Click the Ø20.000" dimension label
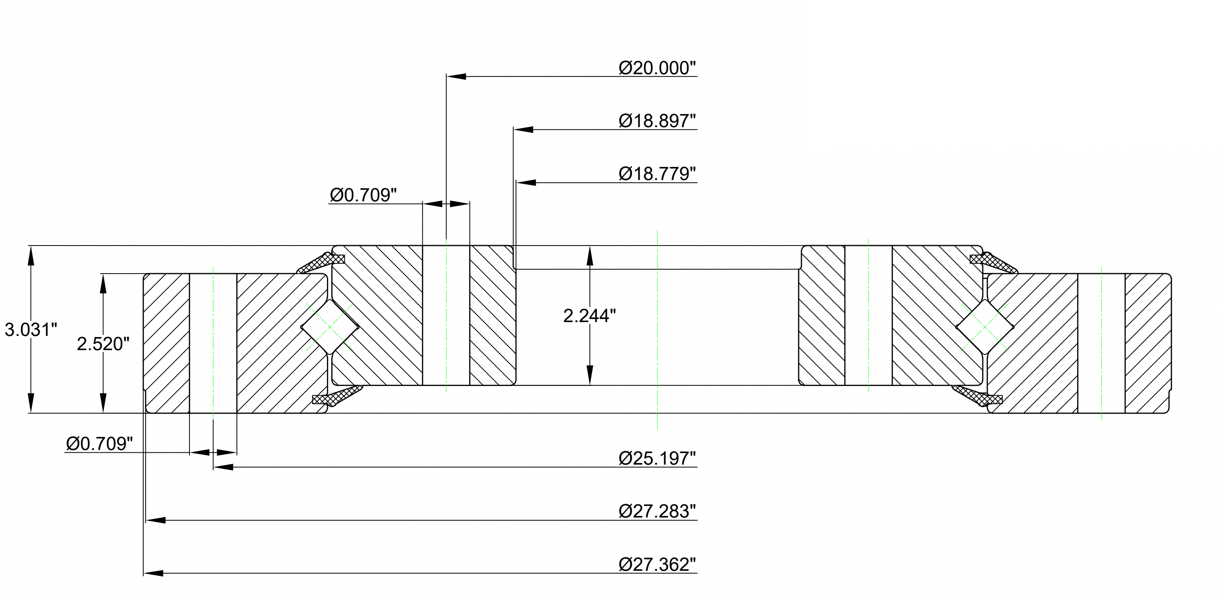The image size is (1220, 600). pyautogui.click(x=657, y=68)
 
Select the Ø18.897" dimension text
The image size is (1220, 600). pyautogui.click(x=657, y=121)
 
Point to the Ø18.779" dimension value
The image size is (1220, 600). pyautogui.click(x=657, y=174)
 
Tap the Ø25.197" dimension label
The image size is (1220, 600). pyautogui.click(x=657, y=458)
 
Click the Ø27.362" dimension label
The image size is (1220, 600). pyautogui.click(x=657, y=564)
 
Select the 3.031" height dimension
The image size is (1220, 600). pyautogui.click(x=31, y=330)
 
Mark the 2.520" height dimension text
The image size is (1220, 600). pyautogui.click(x=103, y=344)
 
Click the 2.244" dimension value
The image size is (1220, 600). pyautogui.click(x=589, y=315)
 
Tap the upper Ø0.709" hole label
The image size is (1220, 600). pyautogui.click(x=363, y=195)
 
